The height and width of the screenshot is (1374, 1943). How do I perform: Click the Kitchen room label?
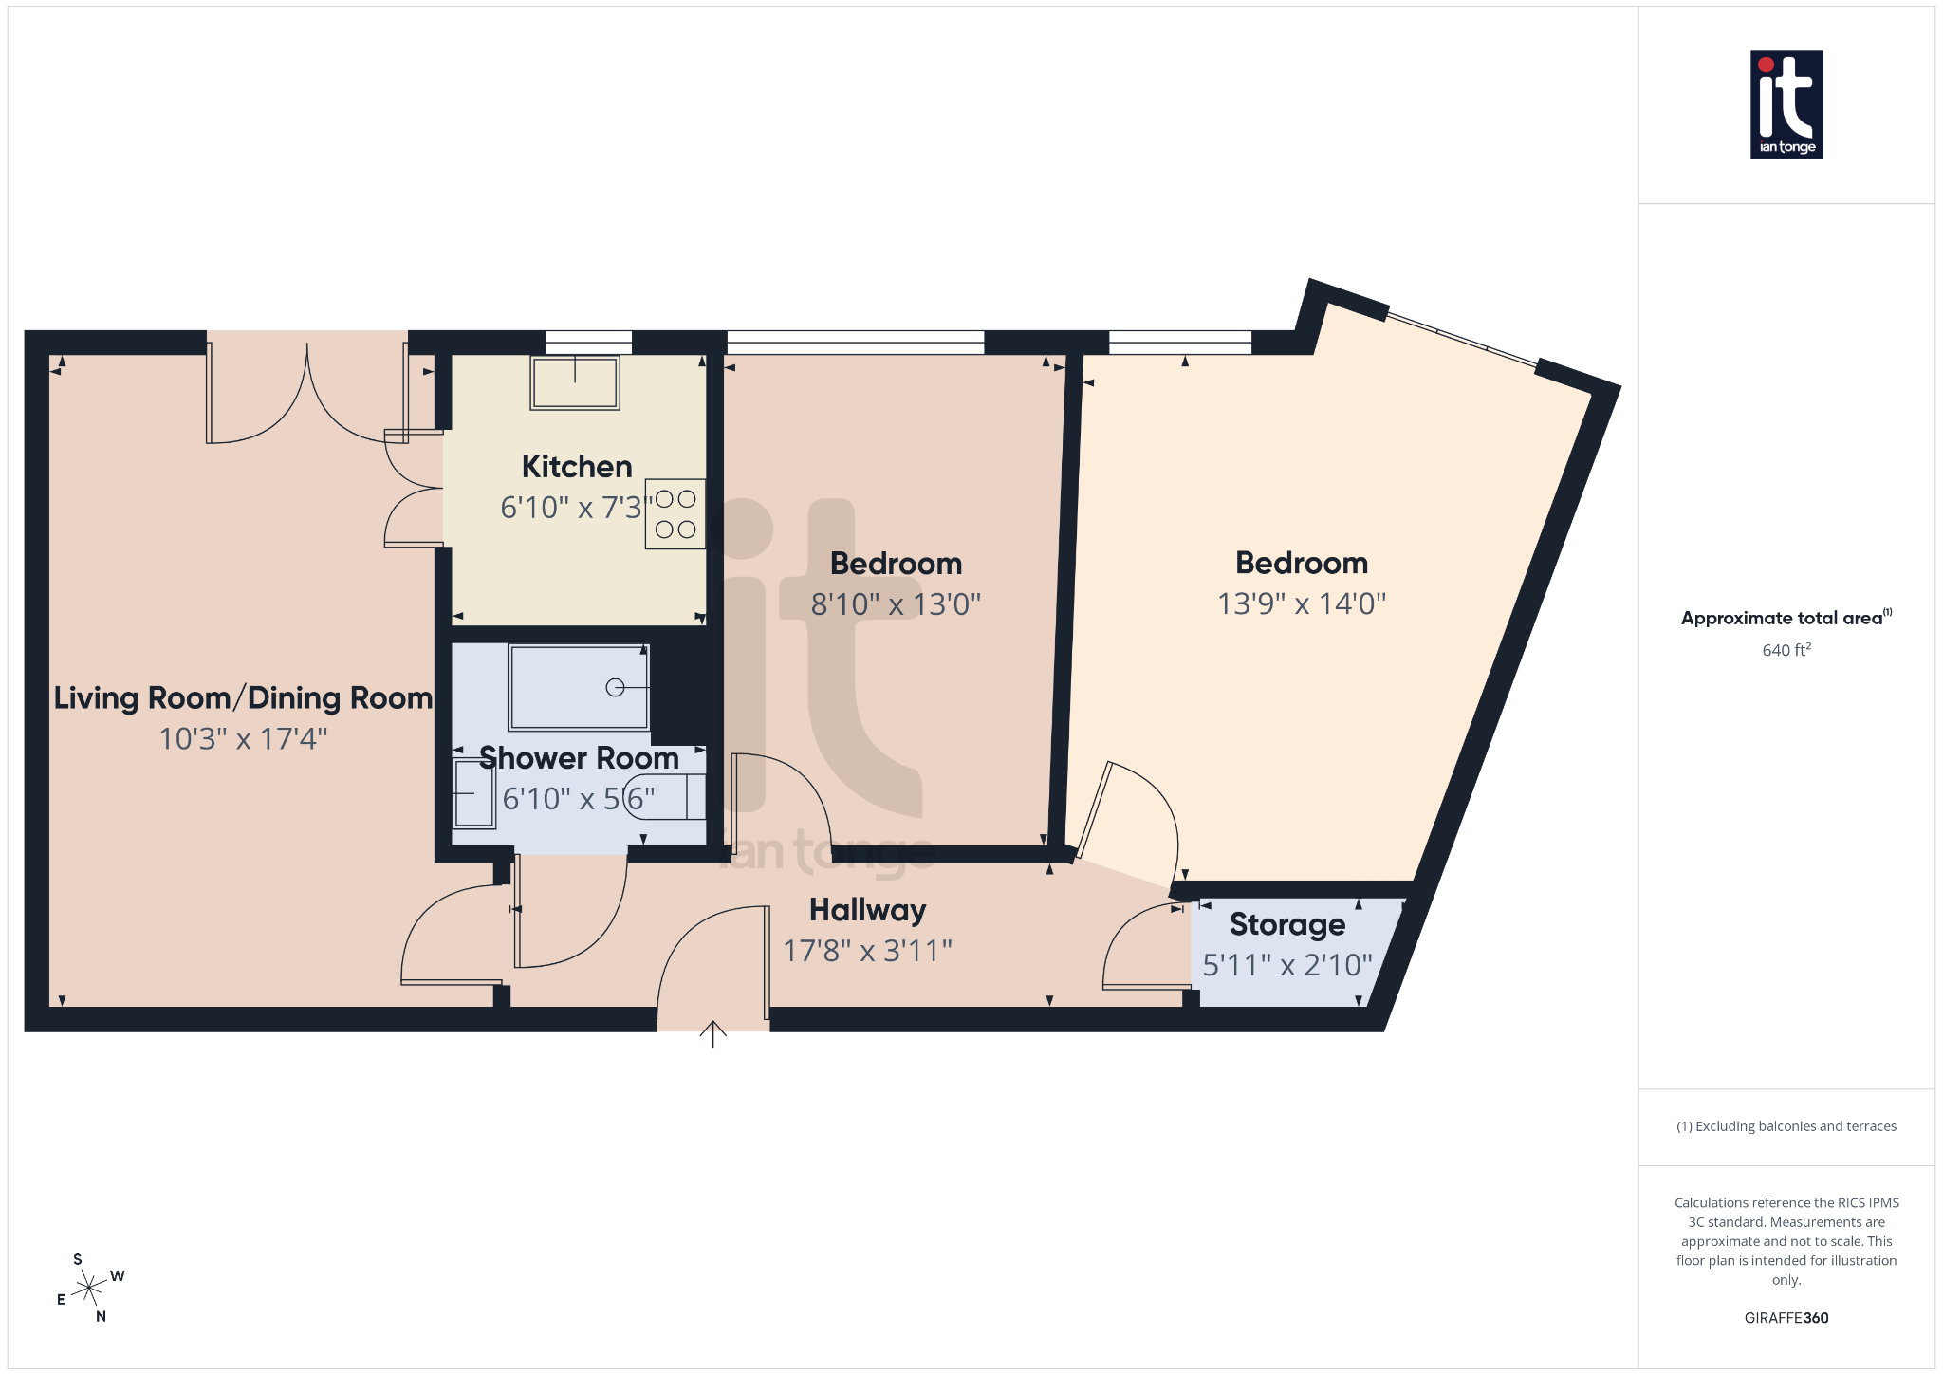577,467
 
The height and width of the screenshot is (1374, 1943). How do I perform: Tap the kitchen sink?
575,382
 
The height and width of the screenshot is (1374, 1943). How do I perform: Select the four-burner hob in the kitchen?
675,513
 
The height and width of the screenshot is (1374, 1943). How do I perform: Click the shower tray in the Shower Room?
579,687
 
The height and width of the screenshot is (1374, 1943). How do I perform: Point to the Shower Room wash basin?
472,792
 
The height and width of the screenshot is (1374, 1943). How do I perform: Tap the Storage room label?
1287,924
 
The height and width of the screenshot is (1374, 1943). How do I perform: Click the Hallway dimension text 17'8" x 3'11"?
867,951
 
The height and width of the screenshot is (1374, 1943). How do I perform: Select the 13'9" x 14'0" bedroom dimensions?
1302,603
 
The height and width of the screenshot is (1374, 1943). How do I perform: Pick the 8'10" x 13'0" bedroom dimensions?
896,604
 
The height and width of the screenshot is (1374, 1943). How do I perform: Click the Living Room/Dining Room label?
243,698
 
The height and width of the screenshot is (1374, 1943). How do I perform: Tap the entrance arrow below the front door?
713,1033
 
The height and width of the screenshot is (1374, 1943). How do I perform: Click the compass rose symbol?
89,1289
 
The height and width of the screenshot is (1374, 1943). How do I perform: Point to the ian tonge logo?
1786,104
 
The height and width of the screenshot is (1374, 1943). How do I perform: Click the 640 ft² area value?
1786,650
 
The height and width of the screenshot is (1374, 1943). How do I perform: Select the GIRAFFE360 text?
1786,1318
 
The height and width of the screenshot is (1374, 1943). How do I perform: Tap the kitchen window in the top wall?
588,342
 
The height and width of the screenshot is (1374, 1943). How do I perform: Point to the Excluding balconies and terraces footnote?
1786,1126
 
